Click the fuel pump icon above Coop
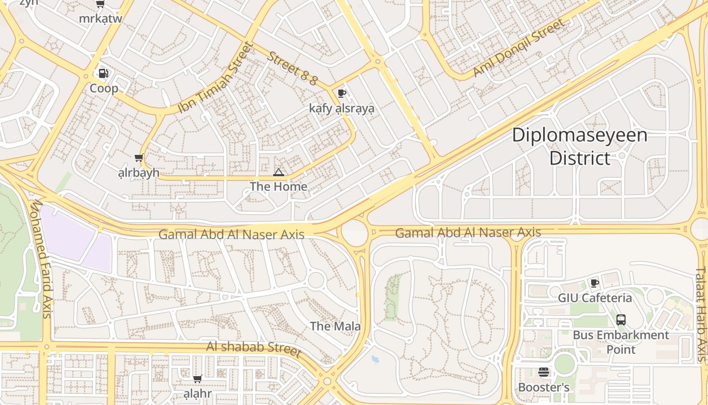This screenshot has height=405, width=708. coord(103,73)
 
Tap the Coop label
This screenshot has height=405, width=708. coord(104,89)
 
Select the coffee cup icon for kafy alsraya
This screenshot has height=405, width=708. coord(342,93)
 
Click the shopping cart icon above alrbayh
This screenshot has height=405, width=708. coord(139,158)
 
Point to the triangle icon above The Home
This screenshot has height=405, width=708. coord(279,173)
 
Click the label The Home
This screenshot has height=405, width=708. coord(279,187)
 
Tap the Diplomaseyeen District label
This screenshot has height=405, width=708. coord(580,147)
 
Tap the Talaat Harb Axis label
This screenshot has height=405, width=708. coord(701,314)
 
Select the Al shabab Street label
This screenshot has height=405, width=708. coord(253,349)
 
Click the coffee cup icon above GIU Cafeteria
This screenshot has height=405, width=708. coord(595,283)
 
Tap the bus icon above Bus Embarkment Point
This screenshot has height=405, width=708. coord(621,320)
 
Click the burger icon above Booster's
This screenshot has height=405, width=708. coord(544,373)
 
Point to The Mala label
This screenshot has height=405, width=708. coord(335,326)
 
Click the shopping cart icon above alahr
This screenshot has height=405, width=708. coord(197,379)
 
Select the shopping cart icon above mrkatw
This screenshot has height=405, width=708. coord(100,4)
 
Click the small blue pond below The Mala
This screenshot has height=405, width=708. coord(375,360)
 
